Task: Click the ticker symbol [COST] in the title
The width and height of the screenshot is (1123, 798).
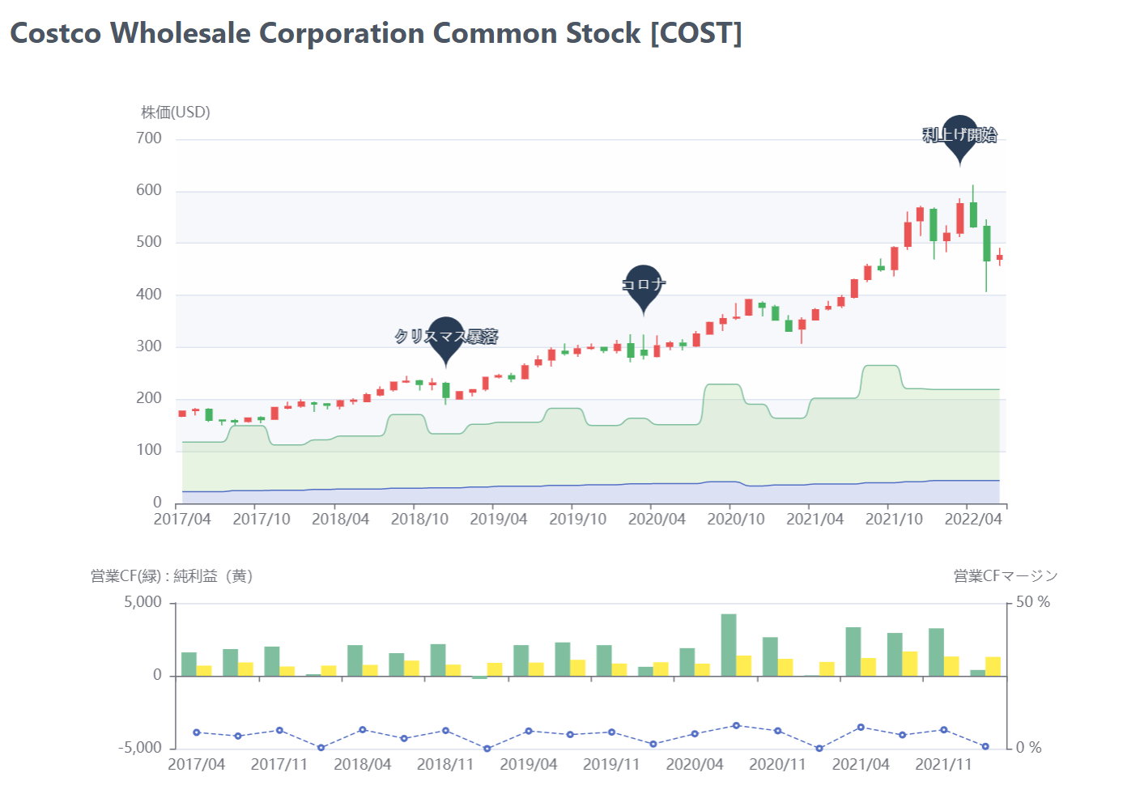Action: point(696,33)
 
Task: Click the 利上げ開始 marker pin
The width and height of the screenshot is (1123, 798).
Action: point(959,136)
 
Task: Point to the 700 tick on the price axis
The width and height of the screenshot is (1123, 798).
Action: point(149,138)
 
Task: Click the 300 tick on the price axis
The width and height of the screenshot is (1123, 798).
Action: point(149,346)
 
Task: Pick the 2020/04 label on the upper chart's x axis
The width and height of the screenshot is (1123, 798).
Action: point(657,520)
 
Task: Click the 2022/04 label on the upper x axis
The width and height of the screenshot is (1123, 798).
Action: point(972,520)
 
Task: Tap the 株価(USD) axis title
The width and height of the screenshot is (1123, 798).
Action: point(176,112)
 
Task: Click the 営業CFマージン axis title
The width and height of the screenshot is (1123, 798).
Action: point(1006,576)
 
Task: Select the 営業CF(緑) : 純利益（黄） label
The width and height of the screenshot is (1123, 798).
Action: point(172,576)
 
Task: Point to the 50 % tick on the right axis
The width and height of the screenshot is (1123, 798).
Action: point(1032,602)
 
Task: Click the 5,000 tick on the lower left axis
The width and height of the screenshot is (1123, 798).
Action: point(143,602)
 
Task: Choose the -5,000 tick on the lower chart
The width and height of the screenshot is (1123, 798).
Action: point(140,748)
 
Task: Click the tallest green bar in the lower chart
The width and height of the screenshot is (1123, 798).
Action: point(729,645)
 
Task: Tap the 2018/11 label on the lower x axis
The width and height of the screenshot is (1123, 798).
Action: point(445,765)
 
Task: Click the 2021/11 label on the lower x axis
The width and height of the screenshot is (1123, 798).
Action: point(943,765)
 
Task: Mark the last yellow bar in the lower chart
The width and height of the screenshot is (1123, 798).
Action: point(993,666)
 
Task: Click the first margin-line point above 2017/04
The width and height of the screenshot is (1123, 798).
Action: point(197,732)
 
